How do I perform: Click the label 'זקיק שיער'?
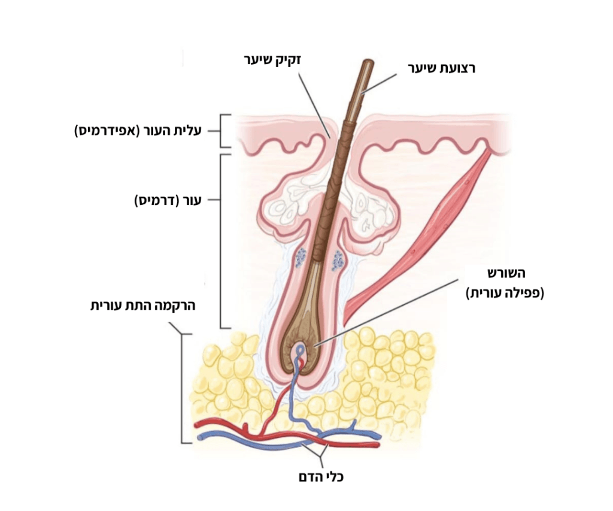[272, 60]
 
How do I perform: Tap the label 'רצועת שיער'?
[442, 68]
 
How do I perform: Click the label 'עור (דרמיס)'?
[168, 200]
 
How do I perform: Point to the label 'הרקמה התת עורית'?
[142, 305]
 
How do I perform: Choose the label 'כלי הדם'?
[321, 477]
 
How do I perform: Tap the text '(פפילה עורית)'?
[505, 293]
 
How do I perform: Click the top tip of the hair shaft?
[368, 61]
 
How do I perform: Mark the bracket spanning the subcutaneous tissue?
[182, 388]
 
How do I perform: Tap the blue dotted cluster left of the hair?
[301, 258]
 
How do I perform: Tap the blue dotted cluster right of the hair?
[338, 261]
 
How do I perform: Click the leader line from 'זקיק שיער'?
[315, 105]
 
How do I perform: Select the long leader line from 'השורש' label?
[386, 313]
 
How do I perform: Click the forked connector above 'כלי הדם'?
[321, 456]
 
